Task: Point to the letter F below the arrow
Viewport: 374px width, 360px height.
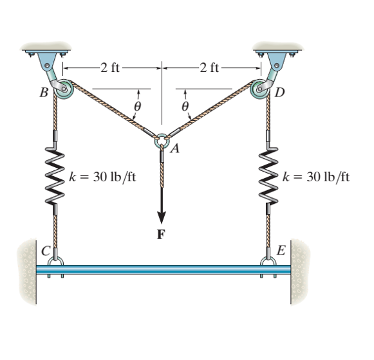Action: pyautogui.click(x=162, y=233)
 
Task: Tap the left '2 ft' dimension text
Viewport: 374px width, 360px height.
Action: pyautogui.click(x=110, y=65)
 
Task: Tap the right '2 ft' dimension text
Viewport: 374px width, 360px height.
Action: pyautogui.click(x=212, y=65)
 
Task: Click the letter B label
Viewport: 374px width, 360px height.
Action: pyautogui.click(x=44, y=93)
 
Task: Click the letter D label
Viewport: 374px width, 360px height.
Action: pyautogui.click(x=279, y=93)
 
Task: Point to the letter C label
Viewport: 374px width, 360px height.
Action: pyautogui.click(x=46, y=251)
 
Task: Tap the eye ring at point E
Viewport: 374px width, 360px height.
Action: pyautogui.click(x=268, y=261)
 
